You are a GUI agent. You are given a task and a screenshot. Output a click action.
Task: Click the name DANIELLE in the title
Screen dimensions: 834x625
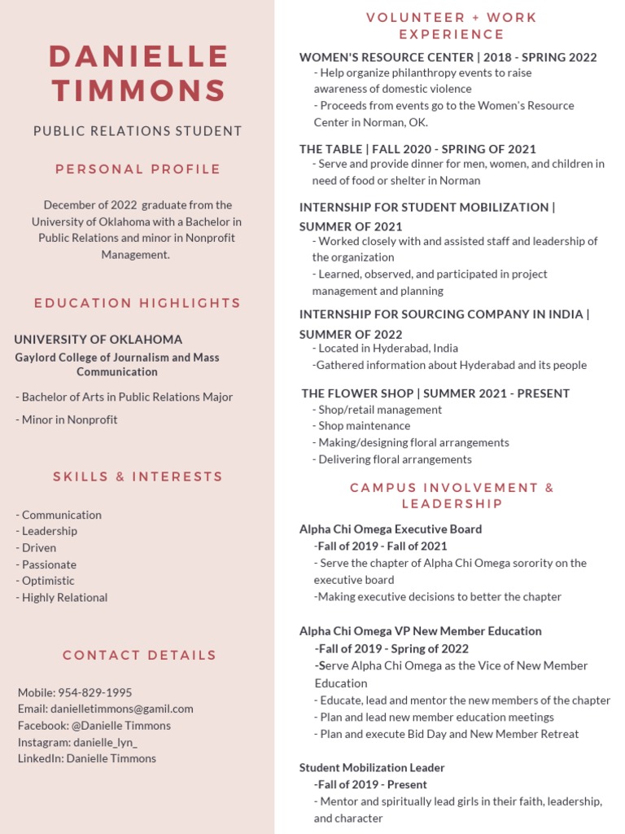[x=138, y=56]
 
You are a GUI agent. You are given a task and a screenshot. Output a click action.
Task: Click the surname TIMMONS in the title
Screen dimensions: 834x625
[x=138, y=90]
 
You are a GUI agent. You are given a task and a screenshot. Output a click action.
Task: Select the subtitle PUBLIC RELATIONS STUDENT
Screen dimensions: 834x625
[x=138, y=131]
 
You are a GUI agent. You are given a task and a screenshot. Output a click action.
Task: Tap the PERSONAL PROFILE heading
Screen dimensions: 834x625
[x=138, y=169]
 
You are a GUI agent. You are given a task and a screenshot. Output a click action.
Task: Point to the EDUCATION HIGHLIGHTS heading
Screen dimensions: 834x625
[x=138, y=303]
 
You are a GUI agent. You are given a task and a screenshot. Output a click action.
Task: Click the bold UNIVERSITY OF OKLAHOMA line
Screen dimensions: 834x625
[x=98, y=340]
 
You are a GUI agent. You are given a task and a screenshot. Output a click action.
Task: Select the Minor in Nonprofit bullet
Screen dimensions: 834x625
[x=67, y=420]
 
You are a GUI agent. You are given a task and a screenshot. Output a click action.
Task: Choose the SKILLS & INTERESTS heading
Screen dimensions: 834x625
[x=138, y=476]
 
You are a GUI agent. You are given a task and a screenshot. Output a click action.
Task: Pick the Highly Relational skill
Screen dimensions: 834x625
[x=62, y=598]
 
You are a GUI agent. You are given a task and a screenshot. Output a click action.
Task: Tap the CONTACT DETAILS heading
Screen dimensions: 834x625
[x=139, y=655]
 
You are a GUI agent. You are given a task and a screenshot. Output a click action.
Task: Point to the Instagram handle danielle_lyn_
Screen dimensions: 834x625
[x=105, y=742]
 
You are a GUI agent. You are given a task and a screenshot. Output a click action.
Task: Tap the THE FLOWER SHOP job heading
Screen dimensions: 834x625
[x=435, y=393]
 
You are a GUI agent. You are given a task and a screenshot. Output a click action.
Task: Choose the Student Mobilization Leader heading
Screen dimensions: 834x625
[x=372, y=768]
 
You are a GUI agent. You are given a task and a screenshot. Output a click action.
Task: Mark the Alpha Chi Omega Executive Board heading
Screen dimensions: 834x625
[x=391, y=529]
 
